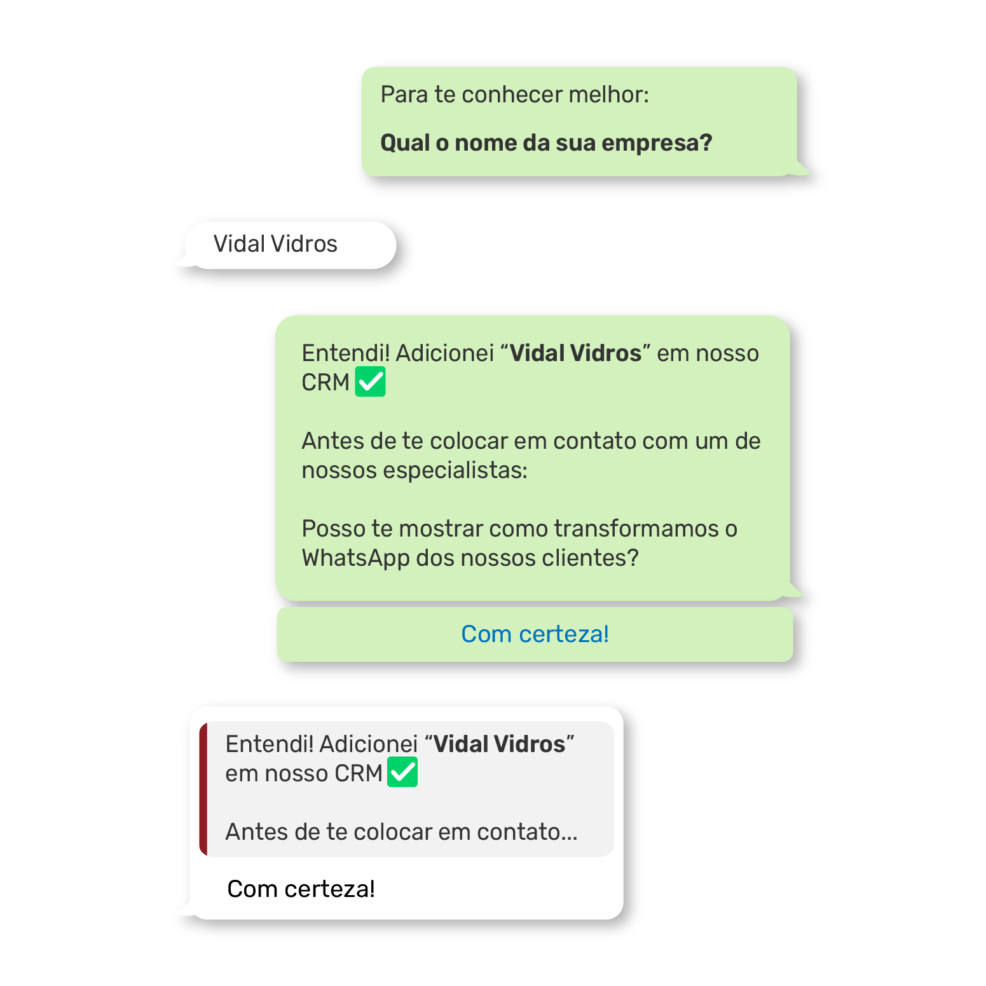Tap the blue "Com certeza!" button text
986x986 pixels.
click(x=535, y=634)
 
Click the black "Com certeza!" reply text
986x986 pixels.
click(x=301, y=889)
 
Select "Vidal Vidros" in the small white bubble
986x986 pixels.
click(x=275, y=244)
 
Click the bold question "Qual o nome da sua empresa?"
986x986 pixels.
click(x=546, y=143)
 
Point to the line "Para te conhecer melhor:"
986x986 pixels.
click(x=514, y=95)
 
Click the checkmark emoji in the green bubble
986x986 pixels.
click(x=370, y=382)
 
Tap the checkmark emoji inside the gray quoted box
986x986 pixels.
click(x=402, y=772)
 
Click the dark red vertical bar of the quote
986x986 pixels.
click(x=203, y=789)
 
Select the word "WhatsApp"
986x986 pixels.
click(x=355, y=558)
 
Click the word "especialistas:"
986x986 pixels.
click(x=455, y=470)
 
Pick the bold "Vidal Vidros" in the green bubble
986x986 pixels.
click(x=575, y=353)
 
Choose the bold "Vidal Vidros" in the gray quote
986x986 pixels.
click(x=499, y=744)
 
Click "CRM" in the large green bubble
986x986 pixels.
click(x=325, y=383)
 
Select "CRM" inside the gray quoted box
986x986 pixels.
click(x=359, y=774)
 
